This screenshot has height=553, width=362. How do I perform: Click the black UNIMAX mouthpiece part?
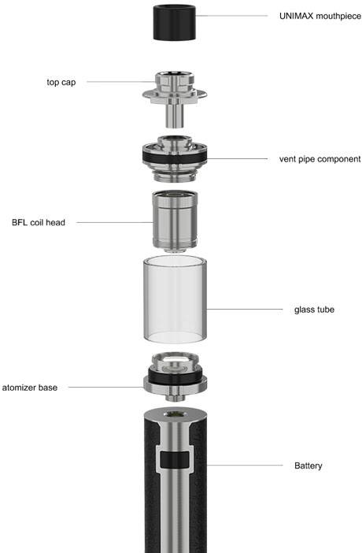click(175, 23)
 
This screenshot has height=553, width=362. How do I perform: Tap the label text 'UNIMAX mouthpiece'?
click(320, 17)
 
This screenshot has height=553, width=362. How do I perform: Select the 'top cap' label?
click(61, 82)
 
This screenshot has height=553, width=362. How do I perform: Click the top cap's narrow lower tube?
click(175, 115)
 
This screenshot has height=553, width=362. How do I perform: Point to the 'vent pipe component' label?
click(320, 159)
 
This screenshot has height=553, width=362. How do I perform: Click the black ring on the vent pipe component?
click(175, 158)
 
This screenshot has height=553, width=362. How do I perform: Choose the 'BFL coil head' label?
click(39, 223)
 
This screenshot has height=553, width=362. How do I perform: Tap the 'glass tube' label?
click(314, 310)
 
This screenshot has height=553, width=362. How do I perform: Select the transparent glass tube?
click(175, 300)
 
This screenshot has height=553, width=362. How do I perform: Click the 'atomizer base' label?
click(30, 388)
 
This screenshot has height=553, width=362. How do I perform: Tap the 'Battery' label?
click(308, 466)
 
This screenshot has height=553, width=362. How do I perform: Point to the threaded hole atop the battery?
click(175, 414)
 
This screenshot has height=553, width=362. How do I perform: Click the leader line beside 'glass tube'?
click(244, 310)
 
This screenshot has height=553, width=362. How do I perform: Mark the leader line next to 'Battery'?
click(245, 466)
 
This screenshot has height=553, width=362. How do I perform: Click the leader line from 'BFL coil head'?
click(115, 223)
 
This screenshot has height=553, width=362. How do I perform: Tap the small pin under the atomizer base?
click(175, 398)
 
